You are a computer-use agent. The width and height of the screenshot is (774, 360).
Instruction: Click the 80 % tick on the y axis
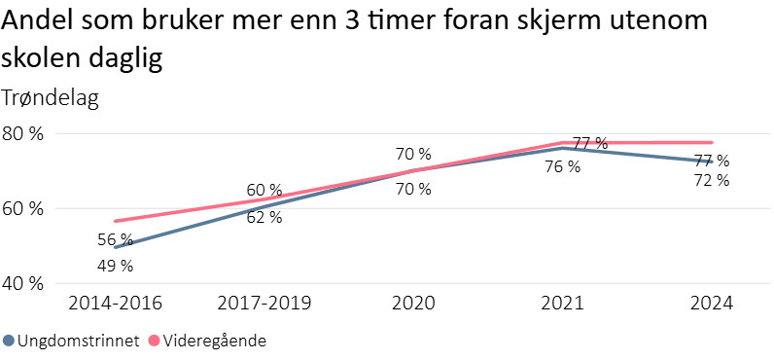click(x=22, y=134)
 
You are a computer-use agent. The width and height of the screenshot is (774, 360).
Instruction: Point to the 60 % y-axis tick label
click(x=22, y=209)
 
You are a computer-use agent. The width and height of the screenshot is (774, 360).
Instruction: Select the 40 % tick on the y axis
click(x=22, y=284)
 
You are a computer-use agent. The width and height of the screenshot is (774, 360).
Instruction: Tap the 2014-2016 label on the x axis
click(x=115, y=304)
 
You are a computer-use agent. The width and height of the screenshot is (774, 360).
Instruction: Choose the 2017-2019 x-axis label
click(x=264, y=304)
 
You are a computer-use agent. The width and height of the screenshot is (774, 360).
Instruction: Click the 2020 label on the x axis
click(x=413, y=304)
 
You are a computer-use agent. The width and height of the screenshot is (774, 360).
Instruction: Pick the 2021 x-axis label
click(x=562, y=304)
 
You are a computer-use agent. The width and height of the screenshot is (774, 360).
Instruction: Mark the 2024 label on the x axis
click(x=711, y=304)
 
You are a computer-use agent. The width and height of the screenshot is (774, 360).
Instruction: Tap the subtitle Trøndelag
click(x=51, y=97)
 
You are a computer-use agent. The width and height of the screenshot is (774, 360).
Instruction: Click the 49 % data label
click(x=115, y=266)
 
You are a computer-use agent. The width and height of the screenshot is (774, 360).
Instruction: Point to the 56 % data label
click(x=115, y=240)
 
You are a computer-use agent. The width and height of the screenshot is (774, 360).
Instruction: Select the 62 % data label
click(x=264, y=217)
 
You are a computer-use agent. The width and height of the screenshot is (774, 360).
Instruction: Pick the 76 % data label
click(x=562, y=166)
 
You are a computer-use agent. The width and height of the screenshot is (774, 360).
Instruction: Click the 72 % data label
click(x=711, y=180)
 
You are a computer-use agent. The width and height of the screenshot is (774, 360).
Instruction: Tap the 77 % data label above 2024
click(x=711, y=161)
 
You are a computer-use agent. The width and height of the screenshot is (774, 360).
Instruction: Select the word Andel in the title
click(x=36, y=21)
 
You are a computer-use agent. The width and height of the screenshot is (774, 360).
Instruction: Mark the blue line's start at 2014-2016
click(x=116, y=247)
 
